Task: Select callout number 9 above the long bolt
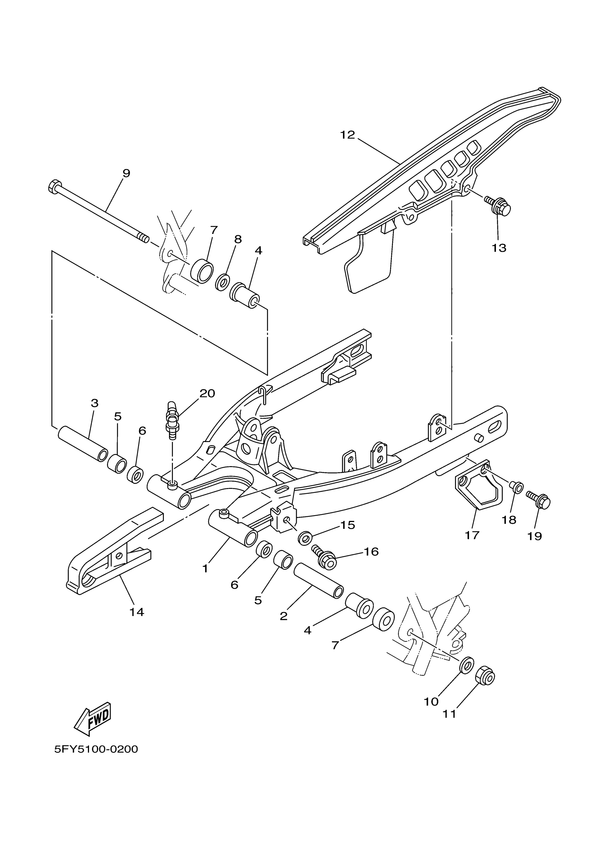(x=126, y=173)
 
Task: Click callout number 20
(x=207, y=393)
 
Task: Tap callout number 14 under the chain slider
(x=137, y=612)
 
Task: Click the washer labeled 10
(x=467, y=664)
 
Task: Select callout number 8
(x=238, y=240)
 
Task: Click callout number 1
(x=205, y=568)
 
